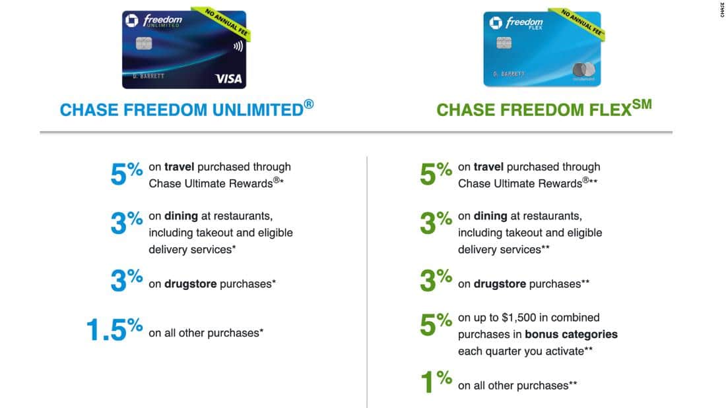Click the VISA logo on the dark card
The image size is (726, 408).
pos(228,78)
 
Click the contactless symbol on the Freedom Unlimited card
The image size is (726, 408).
pos(238,47)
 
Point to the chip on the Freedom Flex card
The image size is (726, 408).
pos(504,44)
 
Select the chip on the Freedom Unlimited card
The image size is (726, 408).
pos(144,44)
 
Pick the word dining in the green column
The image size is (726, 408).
pos(490,216)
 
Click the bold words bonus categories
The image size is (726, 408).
pos(571,334)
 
